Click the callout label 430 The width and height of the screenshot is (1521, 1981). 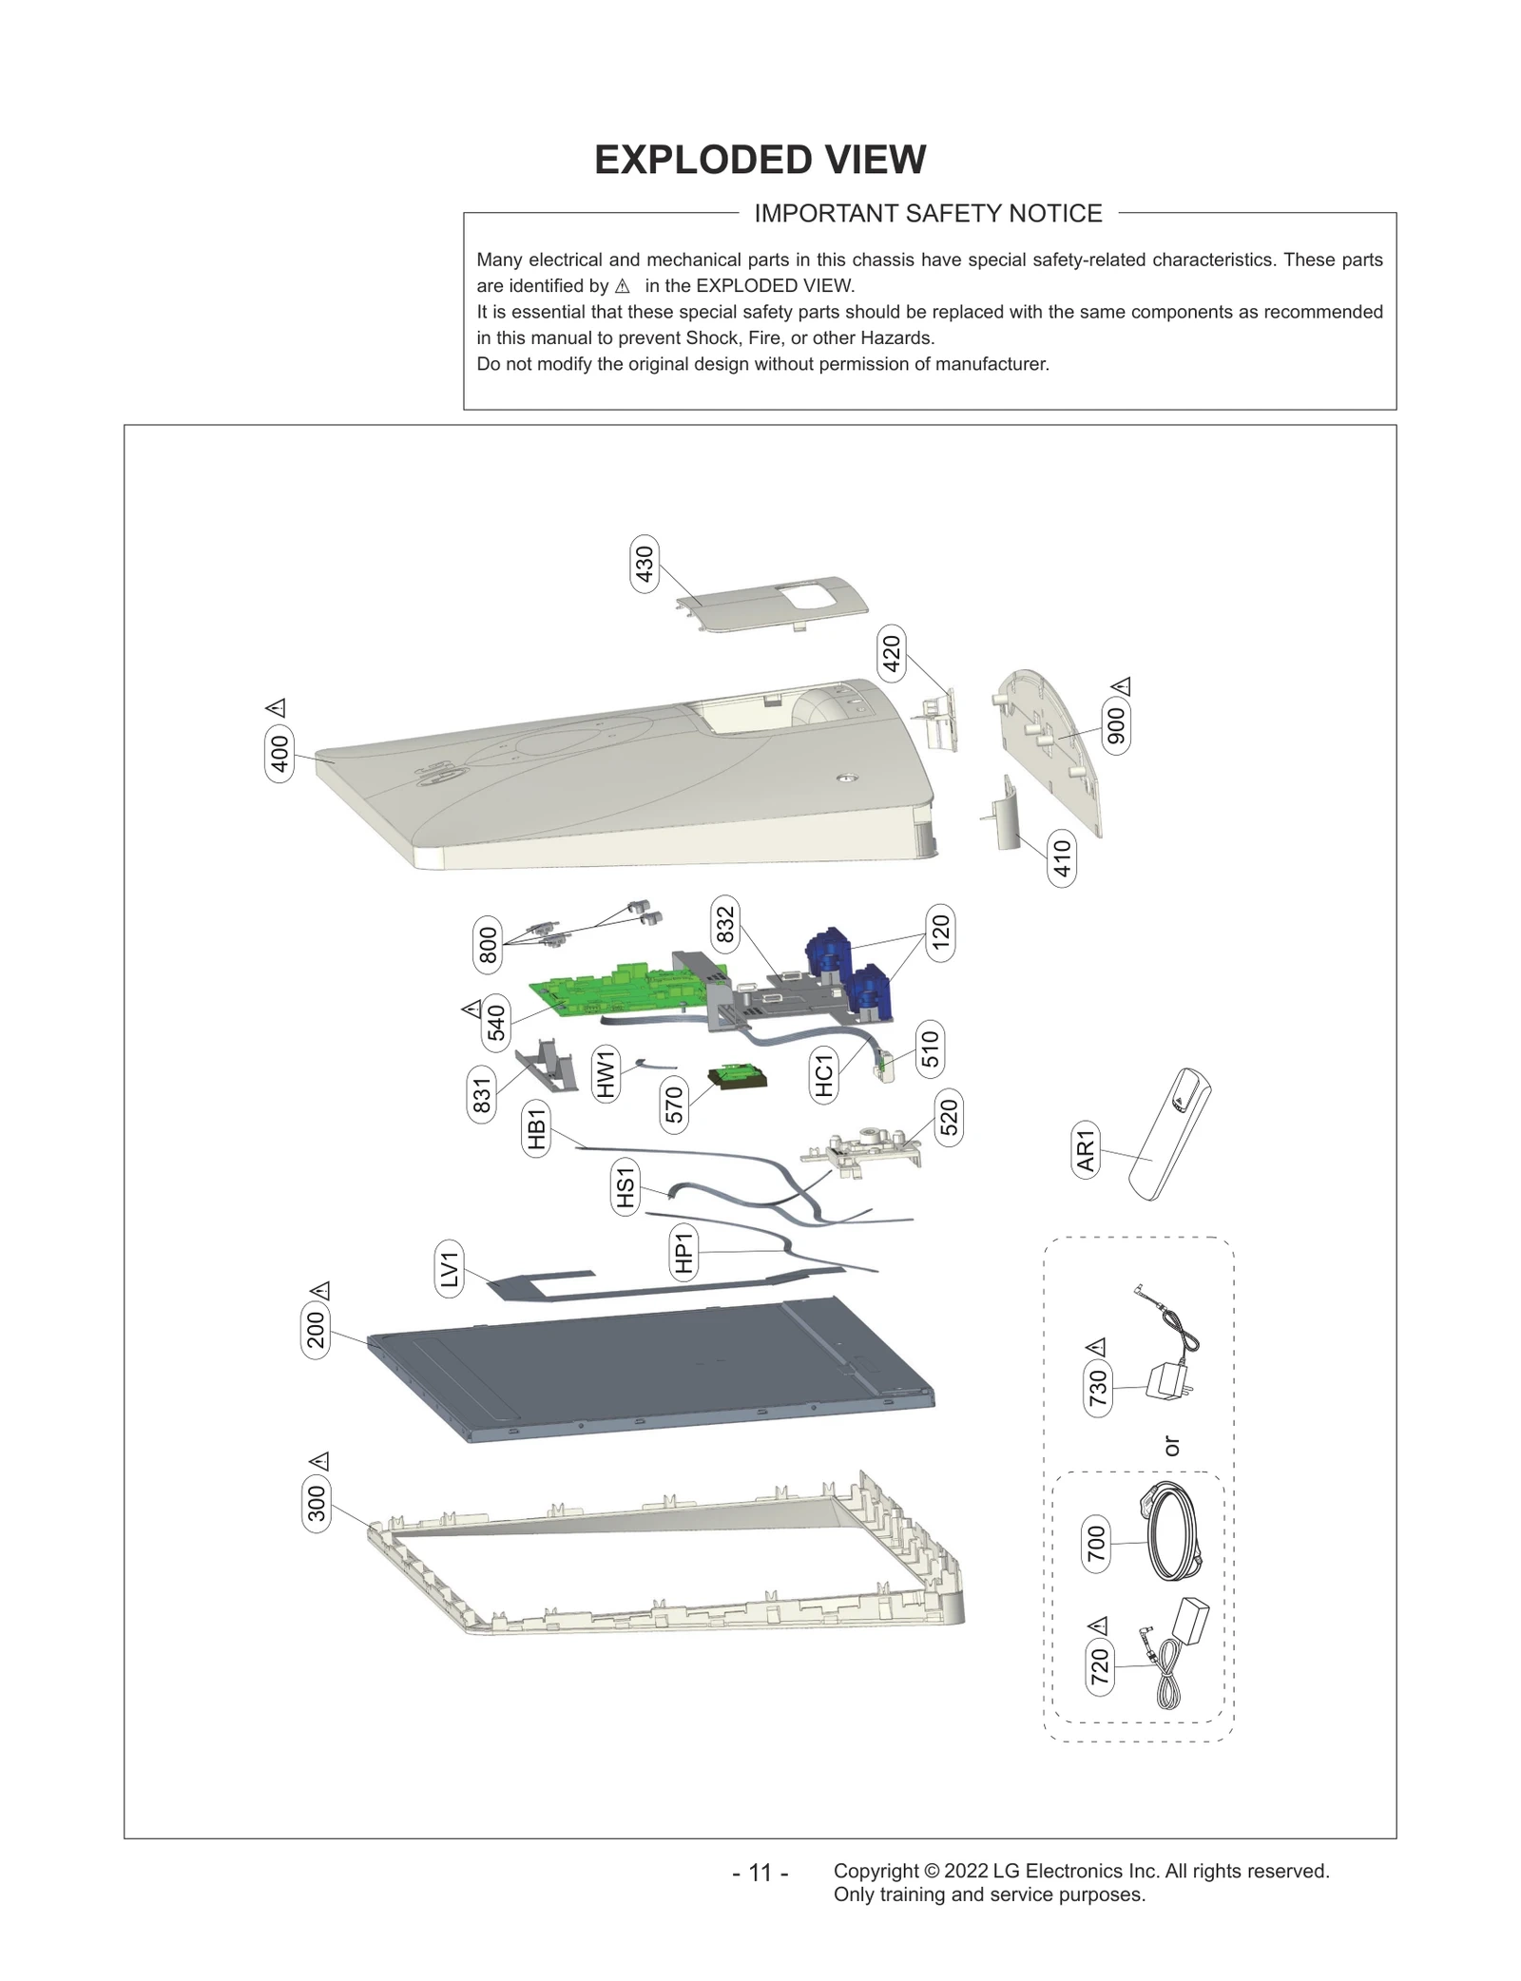pos(645,564)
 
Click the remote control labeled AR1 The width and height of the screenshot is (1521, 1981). pos(1167,1134)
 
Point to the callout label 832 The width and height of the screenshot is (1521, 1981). pos(725,924)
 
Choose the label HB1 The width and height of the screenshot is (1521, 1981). pos(537,1128)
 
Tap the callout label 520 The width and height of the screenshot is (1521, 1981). pos(949,1118)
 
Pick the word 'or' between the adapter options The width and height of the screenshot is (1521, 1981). pos(1171,1446)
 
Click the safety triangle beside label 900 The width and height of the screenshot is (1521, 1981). pos(1122,685)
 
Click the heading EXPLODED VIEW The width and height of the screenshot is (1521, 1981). pos(760,160)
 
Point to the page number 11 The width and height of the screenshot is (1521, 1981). pos(760,1872)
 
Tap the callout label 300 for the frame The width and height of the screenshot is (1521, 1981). pos(317,1503)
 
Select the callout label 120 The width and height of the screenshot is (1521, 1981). pos(940,933)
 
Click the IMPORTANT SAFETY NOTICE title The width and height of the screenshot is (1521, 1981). pos(928,214)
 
